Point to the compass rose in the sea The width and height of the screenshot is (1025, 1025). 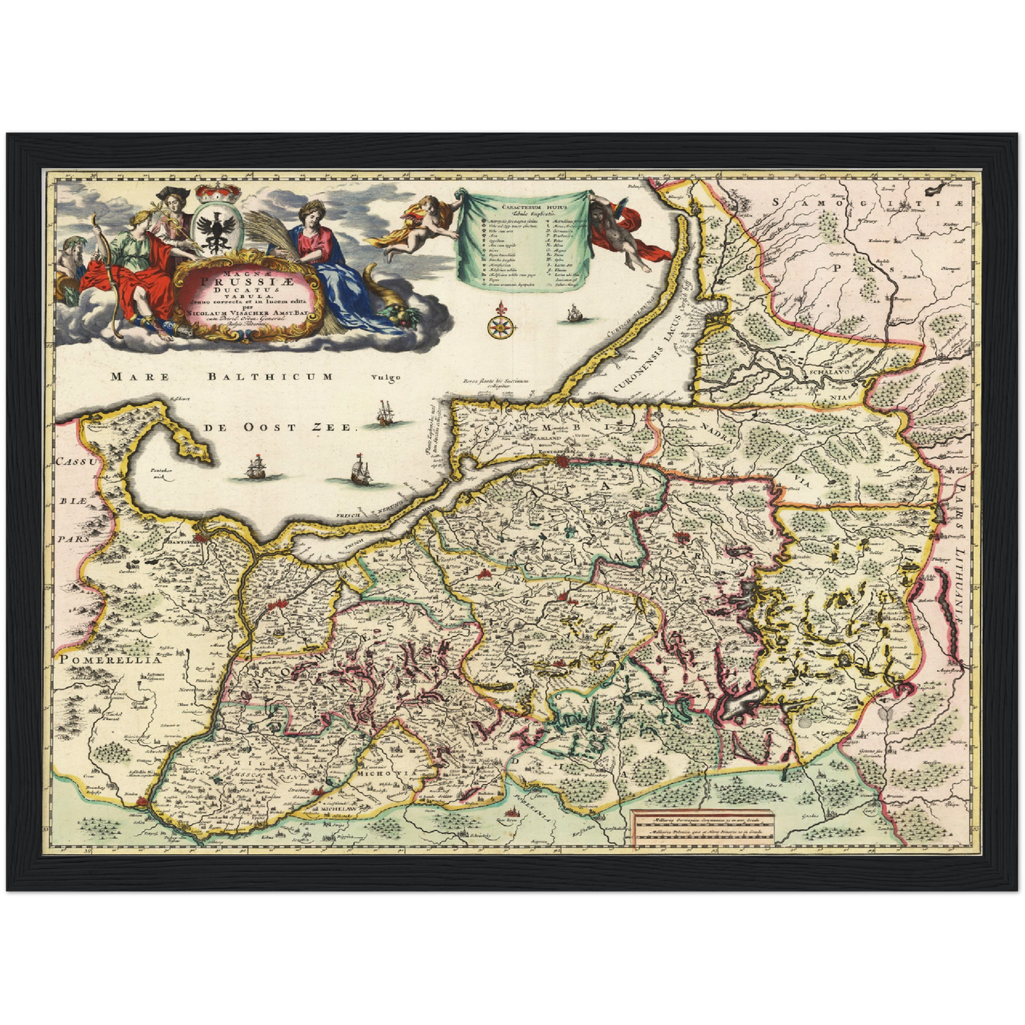point(500,324)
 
